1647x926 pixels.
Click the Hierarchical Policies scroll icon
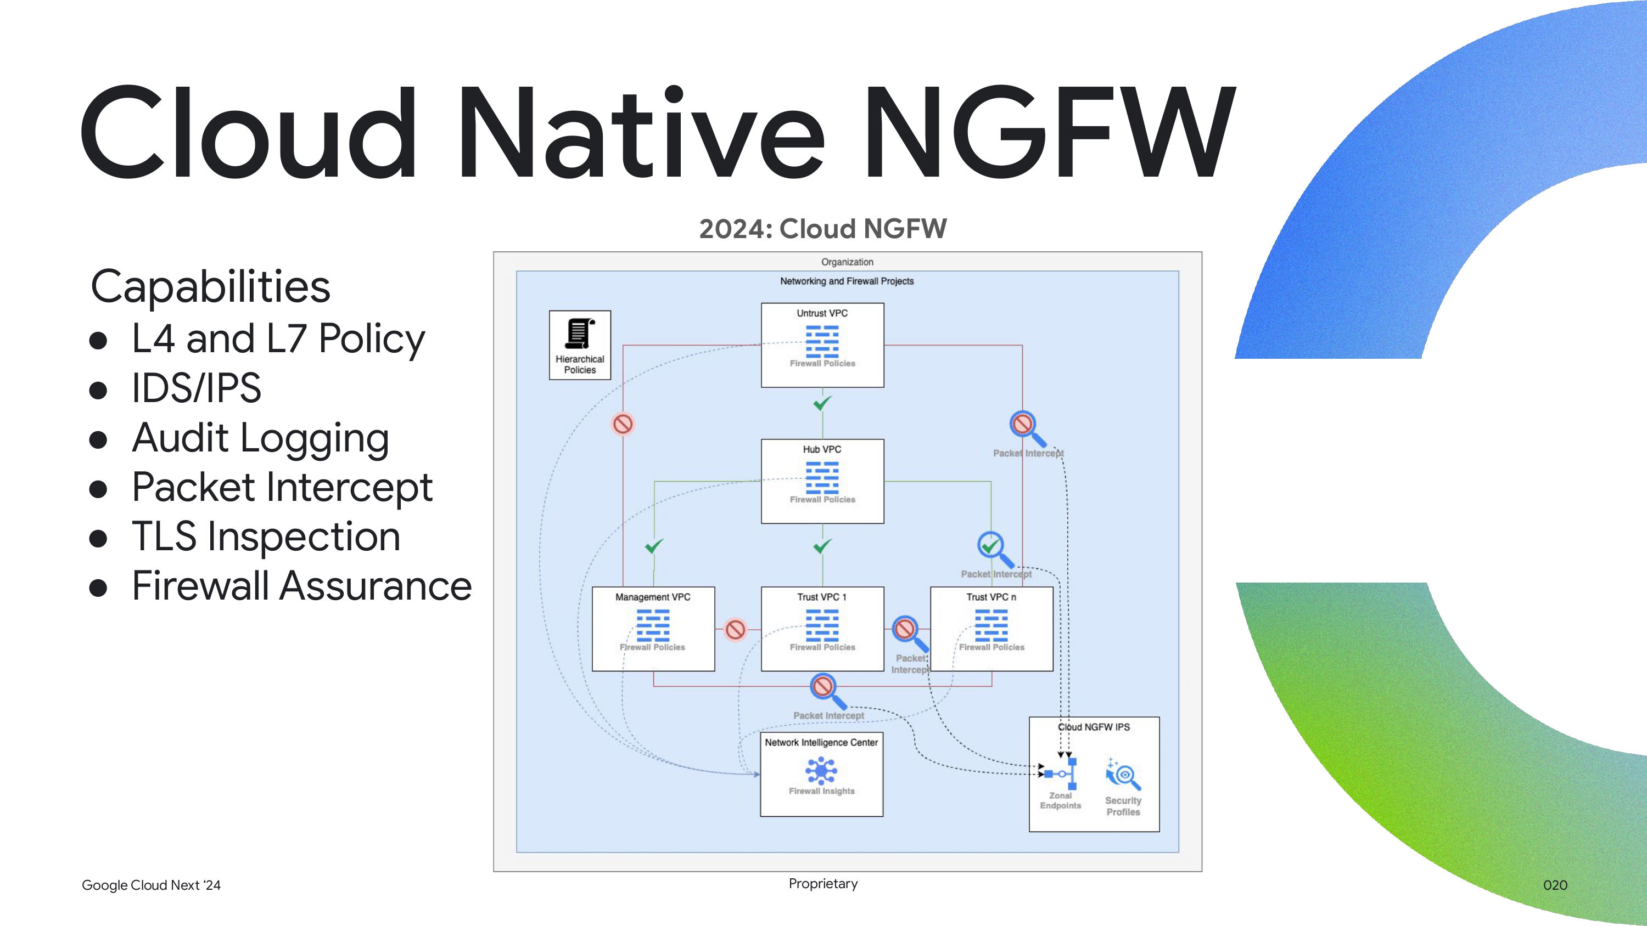click(579, 334)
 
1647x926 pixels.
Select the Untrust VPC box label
click(822, 313)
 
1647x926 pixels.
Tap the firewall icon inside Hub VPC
click(822, 477)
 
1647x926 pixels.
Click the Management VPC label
click(652, 597)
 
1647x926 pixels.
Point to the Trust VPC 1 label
click(822, 597)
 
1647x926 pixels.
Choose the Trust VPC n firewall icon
click(991, 625)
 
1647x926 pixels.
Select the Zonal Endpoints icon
click(1062, 774)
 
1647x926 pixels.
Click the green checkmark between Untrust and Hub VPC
click(822, 403)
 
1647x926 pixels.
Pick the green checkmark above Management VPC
click(653, 546)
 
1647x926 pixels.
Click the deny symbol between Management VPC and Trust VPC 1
click(735, 629)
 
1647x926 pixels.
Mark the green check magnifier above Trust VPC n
click(993, 547)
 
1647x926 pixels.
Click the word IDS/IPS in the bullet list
click(197, 388)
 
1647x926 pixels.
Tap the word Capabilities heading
click(210, 286)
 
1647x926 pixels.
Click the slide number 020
click(1555, 885)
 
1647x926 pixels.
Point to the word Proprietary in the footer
click(823, 883)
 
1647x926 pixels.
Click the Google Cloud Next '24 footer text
click(151, 885)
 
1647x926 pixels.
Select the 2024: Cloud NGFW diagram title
click(822, 229)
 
